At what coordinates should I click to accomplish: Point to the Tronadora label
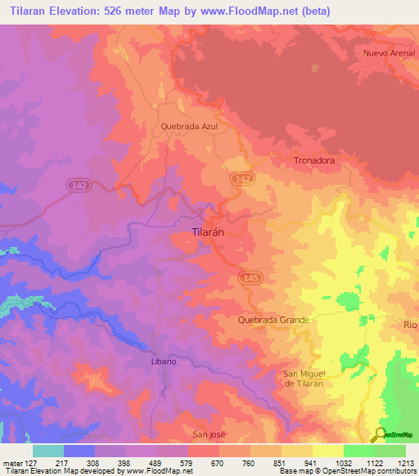[314, 161]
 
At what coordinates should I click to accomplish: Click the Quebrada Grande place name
[274, 320]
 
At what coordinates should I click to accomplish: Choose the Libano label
[164, 361]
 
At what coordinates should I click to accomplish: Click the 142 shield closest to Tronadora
[241, 178]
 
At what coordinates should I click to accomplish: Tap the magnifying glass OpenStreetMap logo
[379, 434]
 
